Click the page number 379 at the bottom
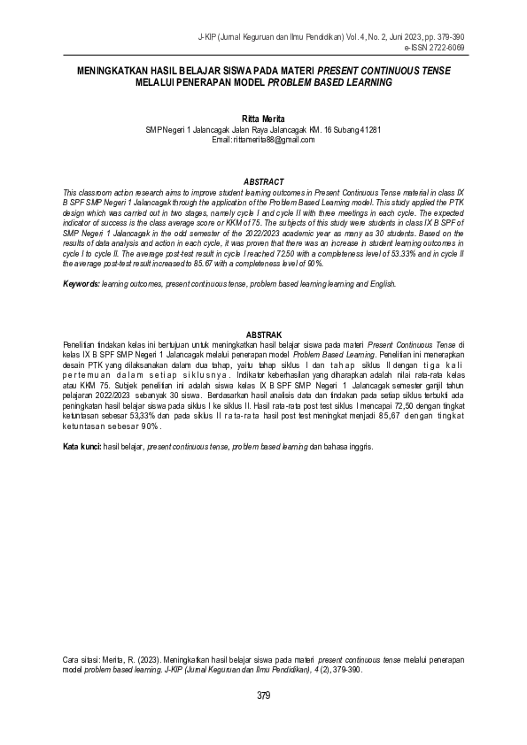coord(263,695)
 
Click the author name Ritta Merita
coord(263,118)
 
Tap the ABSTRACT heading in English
coord(263,181)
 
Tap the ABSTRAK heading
coord(263,333)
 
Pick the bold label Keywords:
coord(81,284)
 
